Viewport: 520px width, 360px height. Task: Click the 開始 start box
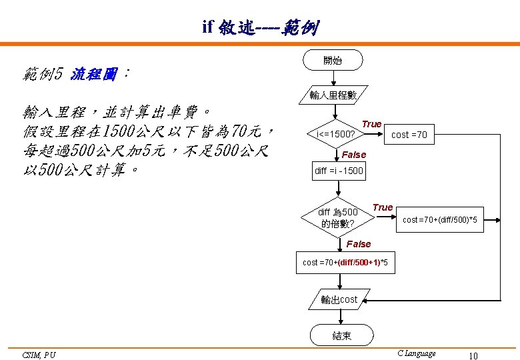point(333,61)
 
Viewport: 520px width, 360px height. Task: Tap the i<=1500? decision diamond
point(335,135)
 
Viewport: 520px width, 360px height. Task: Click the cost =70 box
point(409,135)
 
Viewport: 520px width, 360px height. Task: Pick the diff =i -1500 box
point(339,171)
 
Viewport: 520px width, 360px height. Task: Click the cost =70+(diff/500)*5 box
point(440,220)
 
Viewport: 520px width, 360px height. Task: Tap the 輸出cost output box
point(339,300)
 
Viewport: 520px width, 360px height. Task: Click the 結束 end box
point(341,336)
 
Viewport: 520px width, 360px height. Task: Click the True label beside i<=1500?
point(371,124)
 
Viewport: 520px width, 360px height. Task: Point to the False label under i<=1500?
point(354,155)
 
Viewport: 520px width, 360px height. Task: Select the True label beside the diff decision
point(383,207)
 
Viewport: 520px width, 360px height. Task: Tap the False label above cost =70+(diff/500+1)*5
point(359,244)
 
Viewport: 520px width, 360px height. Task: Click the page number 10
point(473,355)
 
